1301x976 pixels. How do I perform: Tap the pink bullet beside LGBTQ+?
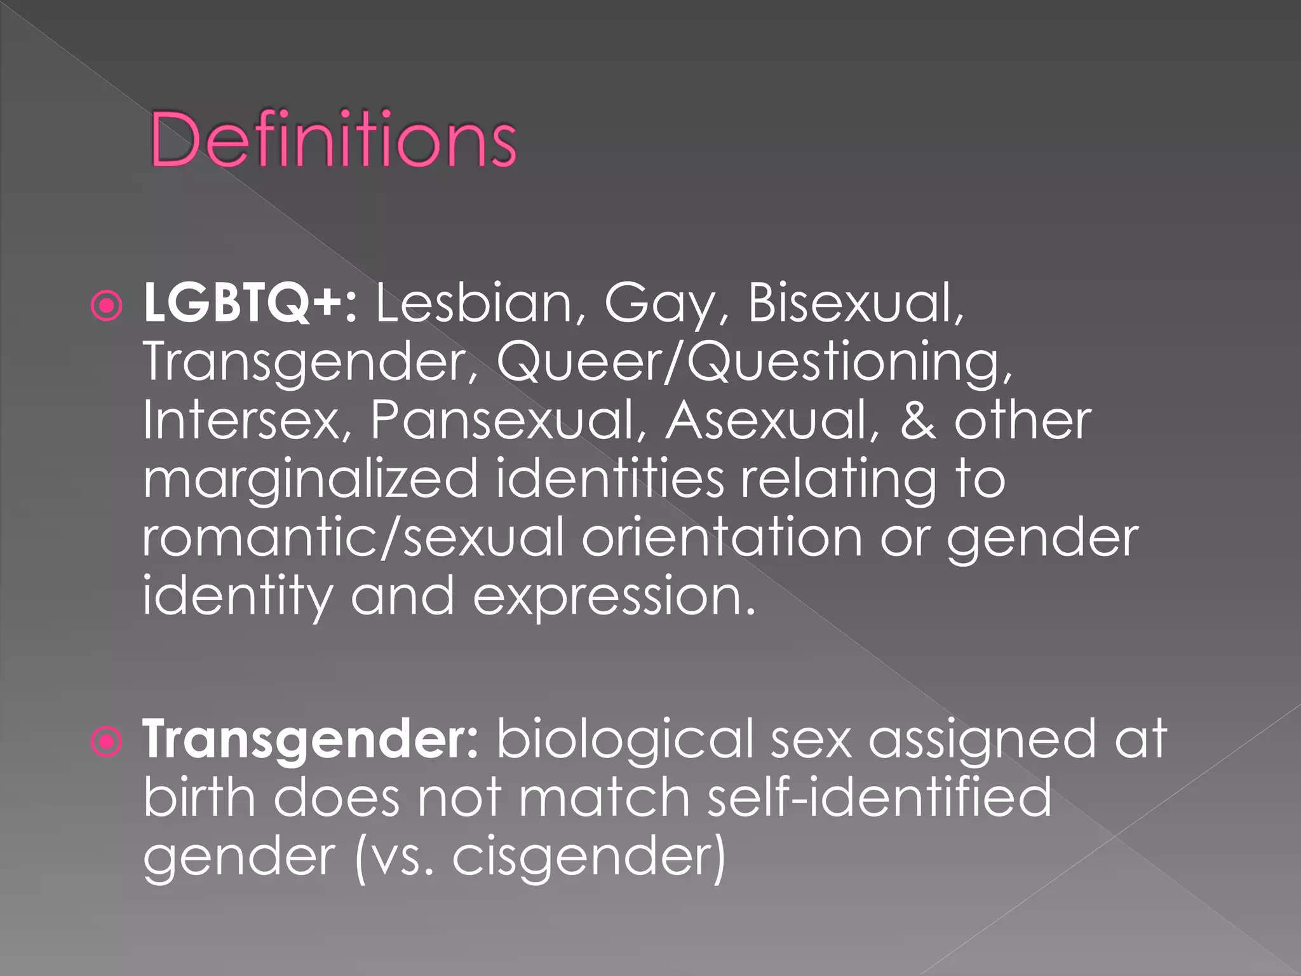click(x=106, y=306)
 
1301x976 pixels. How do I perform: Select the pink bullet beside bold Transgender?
click(x=106, y=742)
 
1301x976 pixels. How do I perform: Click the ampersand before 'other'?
click(x=917, y=421)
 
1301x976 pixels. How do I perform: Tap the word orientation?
click(x=722, y=538)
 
